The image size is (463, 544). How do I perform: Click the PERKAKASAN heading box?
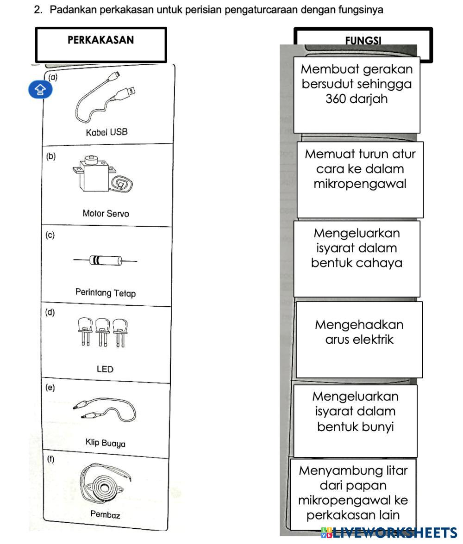[x=101, y=45]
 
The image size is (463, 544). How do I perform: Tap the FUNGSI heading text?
[x=363, y=41]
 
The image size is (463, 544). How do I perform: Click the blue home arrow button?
[x=40, y=90]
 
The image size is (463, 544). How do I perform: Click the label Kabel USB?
[x=106, y=132]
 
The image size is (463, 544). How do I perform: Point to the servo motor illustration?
[x=102, y=174]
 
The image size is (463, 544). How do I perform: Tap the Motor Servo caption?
[x=106, y=213]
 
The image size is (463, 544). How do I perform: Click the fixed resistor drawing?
[x=105, y=260]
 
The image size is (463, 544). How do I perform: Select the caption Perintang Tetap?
[x=106, y=292]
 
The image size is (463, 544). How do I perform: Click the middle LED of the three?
[x=103, y=332]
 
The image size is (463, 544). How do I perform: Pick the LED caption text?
[x=105, y=369]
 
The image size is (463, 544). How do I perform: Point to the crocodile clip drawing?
[x=105, y=409]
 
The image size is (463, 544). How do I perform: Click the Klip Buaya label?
[x=105, y=443]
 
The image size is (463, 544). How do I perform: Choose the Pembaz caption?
[x=105, y=514]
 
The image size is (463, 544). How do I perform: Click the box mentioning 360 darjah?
[x=357, y=95]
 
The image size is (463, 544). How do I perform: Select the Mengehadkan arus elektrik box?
[x=359, y=340]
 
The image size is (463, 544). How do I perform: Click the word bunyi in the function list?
[x=375, y=427]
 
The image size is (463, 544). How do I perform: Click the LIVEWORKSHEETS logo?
[x=389, y=532]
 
